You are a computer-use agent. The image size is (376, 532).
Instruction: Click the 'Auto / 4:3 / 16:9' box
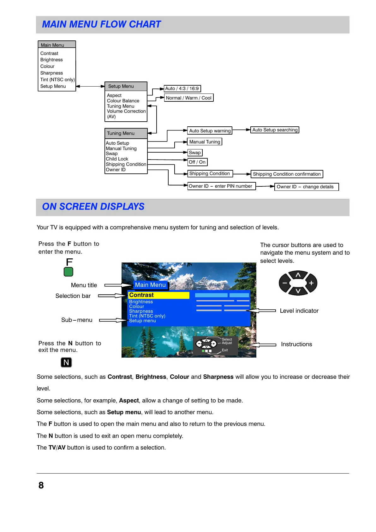pos(182,88)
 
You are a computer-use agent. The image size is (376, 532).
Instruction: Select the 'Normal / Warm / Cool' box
pos(189,98)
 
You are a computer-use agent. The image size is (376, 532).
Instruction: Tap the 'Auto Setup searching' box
pos(275,130)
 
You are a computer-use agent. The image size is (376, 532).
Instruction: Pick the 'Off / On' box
pos(197,162)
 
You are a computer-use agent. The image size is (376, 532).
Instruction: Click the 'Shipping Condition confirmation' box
pos(287,174)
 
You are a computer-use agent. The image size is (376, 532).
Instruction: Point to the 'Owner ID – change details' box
pos(306,187)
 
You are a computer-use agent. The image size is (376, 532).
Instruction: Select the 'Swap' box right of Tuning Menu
pos(195,153)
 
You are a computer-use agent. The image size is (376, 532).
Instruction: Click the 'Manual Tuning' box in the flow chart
pos(205,142)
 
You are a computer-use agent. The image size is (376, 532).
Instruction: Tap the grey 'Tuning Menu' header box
pos(126,133)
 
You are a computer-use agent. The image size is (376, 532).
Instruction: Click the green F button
pos(69,272)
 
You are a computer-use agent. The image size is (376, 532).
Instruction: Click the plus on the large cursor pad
pos(311,283)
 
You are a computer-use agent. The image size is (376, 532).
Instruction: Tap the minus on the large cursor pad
pos(285,283)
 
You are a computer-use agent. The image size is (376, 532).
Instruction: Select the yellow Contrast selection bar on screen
pos(159,295)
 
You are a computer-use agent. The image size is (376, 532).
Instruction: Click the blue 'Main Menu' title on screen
pos(150,285)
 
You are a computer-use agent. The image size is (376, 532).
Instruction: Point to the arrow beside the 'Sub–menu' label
pos(113,320)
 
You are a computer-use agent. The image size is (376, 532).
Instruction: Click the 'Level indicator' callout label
pos(299,311)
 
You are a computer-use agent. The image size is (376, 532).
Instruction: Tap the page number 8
pos(41,485)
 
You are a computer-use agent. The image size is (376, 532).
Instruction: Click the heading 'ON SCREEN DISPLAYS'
pos(93,207)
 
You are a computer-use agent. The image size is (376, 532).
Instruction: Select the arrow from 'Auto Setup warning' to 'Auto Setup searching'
pos(242,130)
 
